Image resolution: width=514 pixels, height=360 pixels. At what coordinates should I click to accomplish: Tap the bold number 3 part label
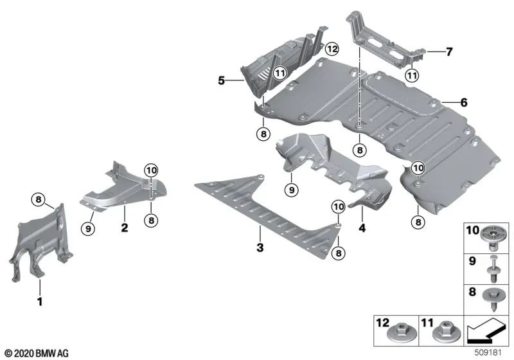tap(260, 246)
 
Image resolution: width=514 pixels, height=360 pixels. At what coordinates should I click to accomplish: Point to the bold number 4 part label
tap(362, 228)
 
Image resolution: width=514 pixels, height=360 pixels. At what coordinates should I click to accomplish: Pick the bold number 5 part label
tap(221, 81)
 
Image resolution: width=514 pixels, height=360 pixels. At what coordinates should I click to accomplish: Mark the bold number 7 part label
tap(449, 50)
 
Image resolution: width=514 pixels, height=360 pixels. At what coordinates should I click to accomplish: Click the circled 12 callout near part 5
tap(331, 49)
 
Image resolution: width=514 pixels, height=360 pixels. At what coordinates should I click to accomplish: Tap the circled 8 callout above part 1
tap(39, 200)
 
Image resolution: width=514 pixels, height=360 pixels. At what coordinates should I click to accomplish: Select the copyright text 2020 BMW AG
tap(37, 353)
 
